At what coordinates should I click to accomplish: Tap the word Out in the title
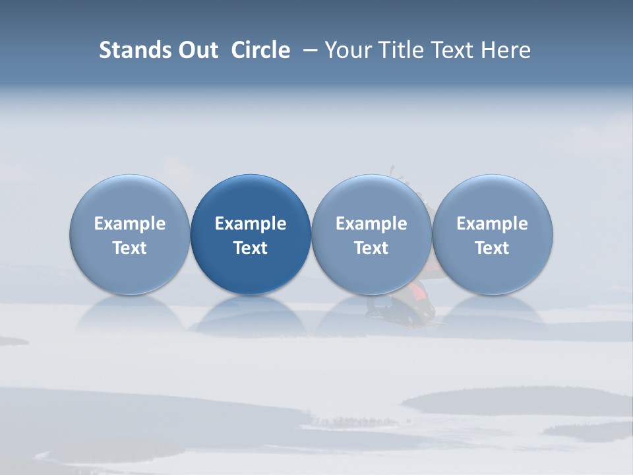pos(196,50)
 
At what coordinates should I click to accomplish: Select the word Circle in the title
pos(260,50)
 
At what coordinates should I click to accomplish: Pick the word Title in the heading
pos(399,50)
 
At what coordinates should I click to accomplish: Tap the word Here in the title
pos(506,50)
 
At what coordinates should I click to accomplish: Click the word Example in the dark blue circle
pos(251,224)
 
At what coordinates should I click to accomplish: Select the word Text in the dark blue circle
pos(251,248)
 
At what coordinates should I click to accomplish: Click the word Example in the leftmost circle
pos(130,224)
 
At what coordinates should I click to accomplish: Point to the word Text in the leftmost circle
pos(130,248)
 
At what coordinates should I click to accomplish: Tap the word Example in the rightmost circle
pos(492,224)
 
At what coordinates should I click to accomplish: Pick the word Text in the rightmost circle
pos(492,248)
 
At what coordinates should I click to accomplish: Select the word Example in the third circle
pos(371,224)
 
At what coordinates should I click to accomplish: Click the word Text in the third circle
pos(371,248)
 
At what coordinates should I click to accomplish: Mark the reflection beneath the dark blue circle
pos(251,313)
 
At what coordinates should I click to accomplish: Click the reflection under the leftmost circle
pos(130,313)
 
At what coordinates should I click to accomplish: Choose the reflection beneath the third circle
pos(371,313)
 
